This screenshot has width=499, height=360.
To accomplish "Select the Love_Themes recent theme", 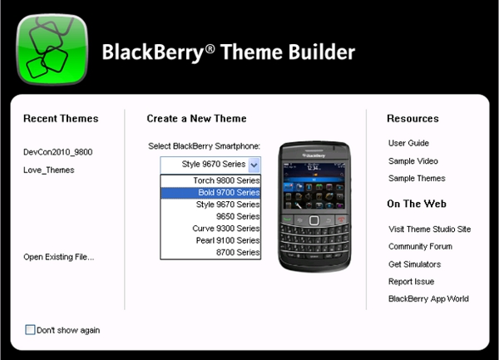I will [x=49, y=170].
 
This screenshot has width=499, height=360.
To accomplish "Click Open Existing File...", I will [x=59, y=257].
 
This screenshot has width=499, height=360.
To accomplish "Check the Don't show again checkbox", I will [x=31, y=330].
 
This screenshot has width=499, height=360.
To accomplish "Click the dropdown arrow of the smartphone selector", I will [x=254, y=165].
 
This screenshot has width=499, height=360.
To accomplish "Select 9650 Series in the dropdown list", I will [x=236, y=216].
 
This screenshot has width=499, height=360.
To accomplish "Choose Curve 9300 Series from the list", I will [x=226, y=228].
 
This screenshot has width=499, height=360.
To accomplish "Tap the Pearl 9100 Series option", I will [x=226, y=240].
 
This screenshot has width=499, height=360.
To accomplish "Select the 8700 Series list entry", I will [x=236, y=252].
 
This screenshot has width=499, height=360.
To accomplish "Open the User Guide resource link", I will [x=408, y=143].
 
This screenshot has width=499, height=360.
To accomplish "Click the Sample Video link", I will [x=413, y=161].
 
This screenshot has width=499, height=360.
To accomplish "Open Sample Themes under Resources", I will [x=416, y=178].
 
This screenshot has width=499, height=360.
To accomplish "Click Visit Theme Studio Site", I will [x=430, y=229].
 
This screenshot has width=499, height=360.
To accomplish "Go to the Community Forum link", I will [x=420, y=246].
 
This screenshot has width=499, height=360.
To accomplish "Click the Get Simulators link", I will [x=414, y=264].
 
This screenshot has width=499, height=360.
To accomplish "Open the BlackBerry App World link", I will [x=428, y=298].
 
